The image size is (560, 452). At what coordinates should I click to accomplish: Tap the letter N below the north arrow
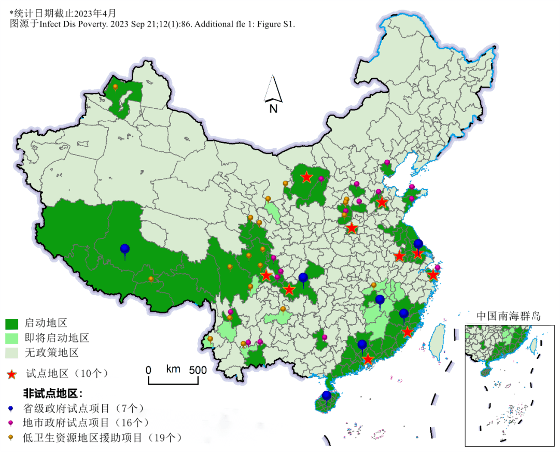pos(274,108)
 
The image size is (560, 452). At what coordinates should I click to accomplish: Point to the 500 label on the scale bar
pos(198,370)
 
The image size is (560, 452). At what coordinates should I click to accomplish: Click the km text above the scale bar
pos(173,369)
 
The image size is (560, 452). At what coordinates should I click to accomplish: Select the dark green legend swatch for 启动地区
pos(12,324)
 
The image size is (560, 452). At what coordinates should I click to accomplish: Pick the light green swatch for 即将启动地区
pos(12,338)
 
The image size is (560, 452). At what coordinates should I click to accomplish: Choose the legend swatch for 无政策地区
pos(12,354)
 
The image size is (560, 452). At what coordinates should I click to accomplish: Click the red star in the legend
pos(12,374)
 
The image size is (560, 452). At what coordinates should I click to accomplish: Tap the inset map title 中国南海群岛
pos(508,316)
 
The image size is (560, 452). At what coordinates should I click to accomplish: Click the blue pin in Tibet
pos(124,250)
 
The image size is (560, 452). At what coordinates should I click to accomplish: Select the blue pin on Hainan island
pos(326,397)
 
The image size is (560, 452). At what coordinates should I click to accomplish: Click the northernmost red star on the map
pos(306,177)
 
